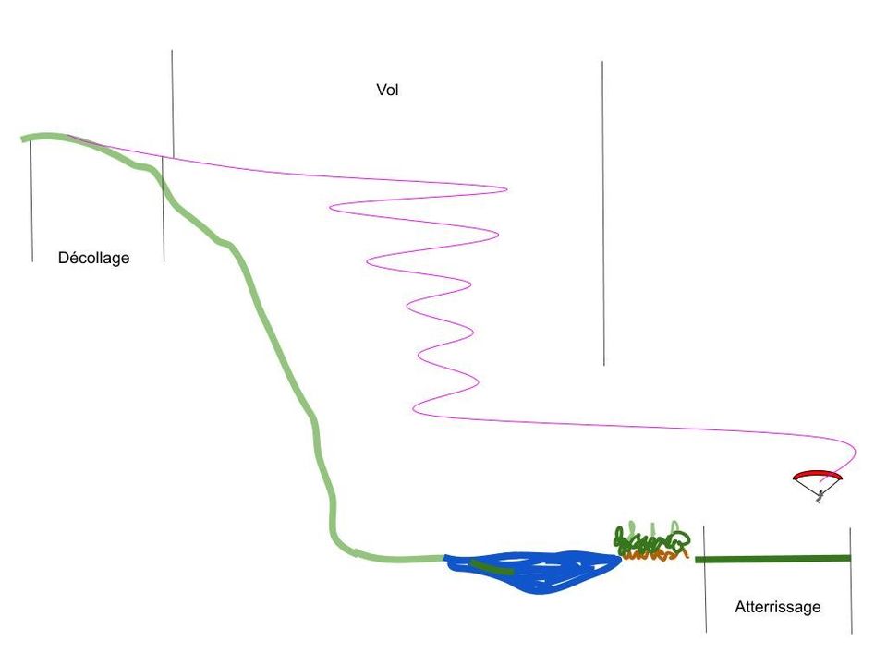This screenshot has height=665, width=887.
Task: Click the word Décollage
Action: tap(93, 259)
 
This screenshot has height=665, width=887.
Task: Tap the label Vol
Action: tap(388, 91)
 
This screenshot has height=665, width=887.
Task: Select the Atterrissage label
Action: tap(777, 607)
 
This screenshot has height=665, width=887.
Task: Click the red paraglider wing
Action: tap(818, 476)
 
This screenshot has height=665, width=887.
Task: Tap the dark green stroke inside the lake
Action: tap(491, 566)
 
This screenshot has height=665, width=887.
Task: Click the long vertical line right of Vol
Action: tap(603, 212)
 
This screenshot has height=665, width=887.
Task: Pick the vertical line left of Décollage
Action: tap(31, 199)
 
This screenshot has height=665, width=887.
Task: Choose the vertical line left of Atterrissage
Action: tap(705, 577)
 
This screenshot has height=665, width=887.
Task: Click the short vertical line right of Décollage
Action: tap(164, 208)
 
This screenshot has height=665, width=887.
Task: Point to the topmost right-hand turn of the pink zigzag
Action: tap(506, 190)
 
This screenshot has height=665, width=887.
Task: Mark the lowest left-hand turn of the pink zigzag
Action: tap(413, 407)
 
